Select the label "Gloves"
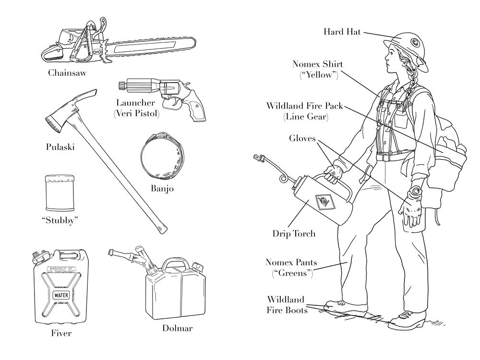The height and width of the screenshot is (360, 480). coord(302,139)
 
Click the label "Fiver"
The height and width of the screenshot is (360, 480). coord(61,333)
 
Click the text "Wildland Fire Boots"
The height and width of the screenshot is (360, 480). coord(287,305)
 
